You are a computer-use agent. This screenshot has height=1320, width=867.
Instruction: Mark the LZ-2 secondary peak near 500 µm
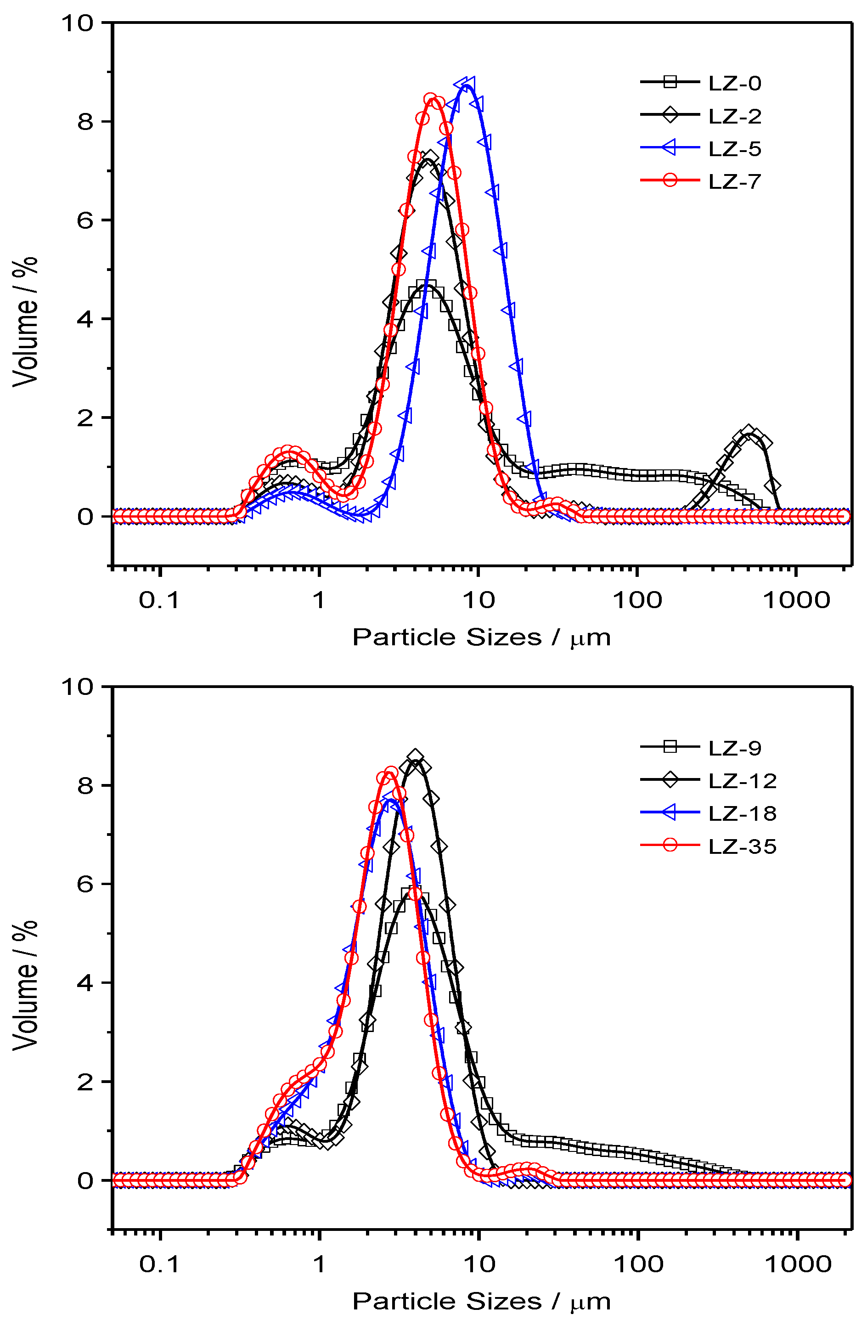[749, 433]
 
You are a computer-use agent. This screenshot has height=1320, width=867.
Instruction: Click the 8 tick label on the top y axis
[85, 121]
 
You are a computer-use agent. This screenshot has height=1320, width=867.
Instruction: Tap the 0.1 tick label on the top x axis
[159, 600]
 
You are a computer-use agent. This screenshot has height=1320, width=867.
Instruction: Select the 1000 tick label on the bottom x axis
[798, 1264]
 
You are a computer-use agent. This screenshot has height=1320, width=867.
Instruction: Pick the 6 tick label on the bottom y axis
[85, 884]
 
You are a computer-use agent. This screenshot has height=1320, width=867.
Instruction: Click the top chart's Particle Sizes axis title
[481, 637]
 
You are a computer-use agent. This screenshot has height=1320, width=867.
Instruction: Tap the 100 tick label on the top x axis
[637, 600]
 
